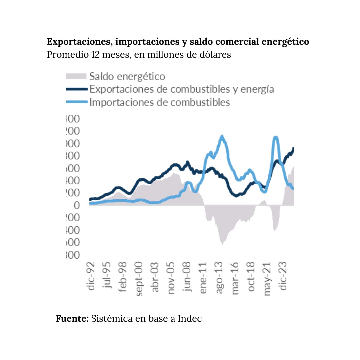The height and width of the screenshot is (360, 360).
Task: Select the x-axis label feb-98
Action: [x=124, y=276]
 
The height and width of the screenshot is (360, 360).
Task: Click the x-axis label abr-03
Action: [x=156, y=276]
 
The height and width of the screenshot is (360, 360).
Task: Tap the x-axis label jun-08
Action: [x=188, y=276]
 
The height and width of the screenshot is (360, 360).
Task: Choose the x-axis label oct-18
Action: [x=252, y=276]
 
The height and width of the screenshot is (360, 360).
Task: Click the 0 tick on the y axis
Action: [x=77, y=205]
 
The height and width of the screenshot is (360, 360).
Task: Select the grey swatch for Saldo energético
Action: [x=76, y=76]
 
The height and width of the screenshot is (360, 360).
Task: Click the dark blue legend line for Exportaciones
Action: [x=76, y=89]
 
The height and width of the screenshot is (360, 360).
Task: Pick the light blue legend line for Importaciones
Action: [x=76, y=102]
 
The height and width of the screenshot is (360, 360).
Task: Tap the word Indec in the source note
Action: [x=190, y=318]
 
